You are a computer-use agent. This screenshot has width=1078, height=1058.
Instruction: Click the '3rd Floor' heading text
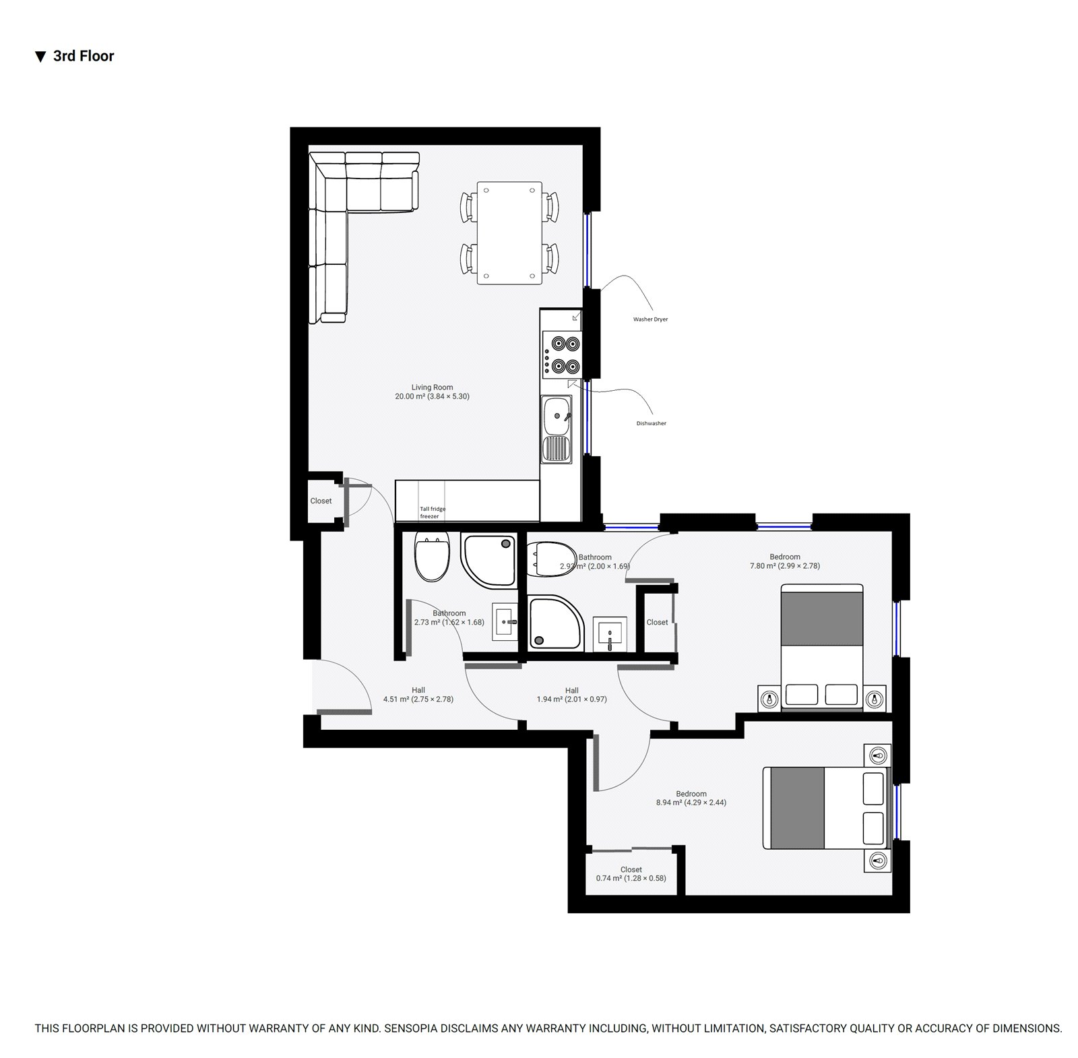[84, 56]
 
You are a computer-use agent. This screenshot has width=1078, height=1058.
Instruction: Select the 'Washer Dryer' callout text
[650, 319]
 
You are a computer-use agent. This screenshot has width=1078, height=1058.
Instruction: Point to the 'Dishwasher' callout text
[651, 423]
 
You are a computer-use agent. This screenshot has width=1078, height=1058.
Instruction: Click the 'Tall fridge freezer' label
[433, 512]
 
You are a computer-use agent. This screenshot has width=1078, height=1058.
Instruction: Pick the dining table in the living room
[509, 232]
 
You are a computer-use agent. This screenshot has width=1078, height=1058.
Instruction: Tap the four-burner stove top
[562, 355]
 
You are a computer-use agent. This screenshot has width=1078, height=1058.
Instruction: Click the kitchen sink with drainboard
[557, 429]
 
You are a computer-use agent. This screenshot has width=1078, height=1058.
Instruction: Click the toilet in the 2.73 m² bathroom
[432, 557]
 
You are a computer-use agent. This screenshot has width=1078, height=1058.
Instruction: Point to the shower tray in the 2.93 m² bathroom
[555, 622]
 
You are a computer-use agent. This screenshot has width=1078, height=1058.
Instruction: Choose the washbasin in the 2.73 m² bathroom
[505, 621]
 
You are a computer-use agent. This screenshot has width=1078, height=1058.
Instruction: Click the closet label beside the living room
[321, 501]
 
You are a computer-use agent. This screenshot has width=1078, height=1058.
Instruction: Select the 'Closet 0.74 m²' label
[631, 873]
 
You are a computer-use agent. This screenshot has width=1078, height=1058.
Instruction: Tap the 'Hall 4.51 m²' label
[418, 695]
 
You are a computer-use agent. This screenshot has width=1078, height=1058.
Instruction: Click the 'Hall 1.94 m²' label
[571, 695]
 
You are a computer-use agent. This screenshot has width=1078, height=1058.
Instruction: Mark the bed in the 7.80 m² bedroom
[821, 647]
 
